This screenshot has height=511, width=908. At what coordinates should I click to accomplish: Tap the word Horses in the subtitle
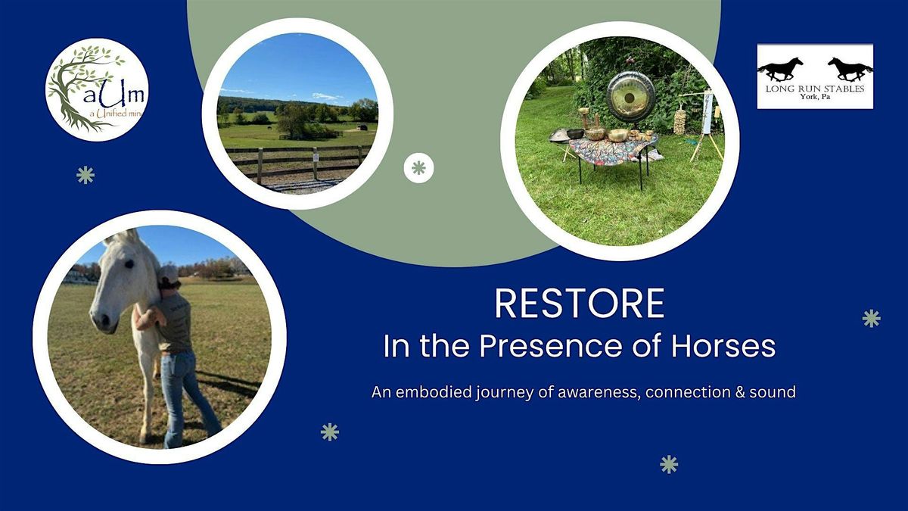(723, 346)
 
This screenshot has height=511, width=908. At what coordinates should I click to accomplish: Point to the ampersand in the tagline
(741, 392)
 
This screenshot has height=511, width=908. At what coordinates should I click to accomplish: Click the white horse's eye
(129, 264)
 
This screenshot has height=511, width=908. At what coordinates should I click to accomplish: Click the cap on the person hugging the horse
(168, 273)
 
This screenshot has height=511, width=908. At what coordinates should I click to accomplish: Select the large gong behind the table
(630, 98)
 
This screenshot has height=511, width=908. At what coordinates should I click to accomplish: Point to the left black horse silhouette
(780, 70)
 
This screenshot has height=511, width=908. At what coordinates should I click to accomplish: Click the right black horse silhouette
(850, 70)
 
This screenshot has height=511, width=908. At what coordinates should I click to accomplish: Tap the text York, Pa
(815, 97)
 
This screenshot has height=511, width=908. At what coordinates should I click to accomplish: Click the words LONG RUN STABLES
(815, 89)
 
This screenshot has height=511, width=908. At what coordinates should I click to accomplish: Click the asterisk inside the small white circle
(418, 167)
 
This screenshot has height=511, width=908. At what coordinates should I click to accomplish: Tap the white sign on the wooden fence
(315, 154)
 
